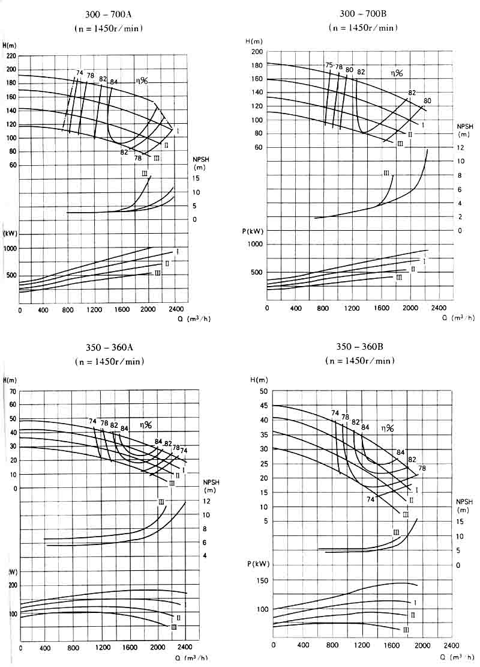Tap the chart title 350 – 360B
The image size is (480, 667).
click(x=360, y=348)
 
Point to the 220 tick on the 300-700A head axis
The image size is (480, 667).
click(x=11, y=56)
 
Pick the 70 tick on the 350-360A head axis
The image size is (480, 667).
click(x=13, y=392)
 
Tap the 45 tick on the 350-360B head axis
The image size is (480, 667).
click(x=262, y=406)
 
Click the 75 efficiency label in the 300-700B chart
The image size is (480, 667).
click(x=329, y=65)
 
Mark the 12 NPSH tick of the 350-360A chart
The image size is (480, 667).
click(x=206, y=501)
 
